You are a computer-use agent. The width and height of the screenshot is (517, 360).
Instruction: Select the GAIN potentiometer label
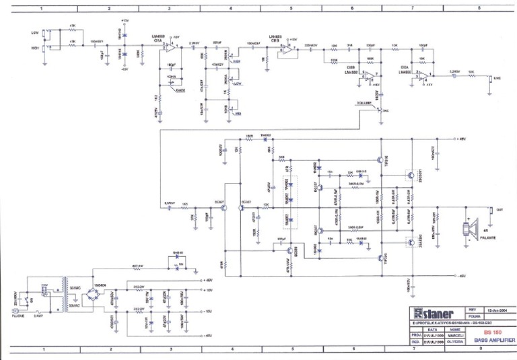pyautogui.click(x=180, y=90)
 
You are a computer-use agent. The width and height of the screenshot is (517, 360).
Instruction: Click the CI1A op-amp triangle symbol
pyautogui.click(x=172, y=48)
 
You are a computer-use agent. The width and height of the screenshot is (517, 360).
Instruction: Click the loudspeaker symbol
pyautogui.click(x=466, y=229)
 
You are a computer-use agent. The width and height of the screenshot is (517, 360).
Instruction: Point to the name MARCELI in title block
pyautogui.click(x=455, y=334)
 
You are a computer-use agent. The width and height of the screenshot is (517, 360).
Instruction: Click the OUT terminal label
pyautogui.click(x=499, y=209)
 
